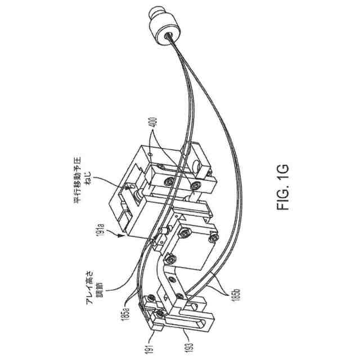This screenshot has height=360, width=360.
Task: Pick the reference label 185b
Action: tap(234, 292)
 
